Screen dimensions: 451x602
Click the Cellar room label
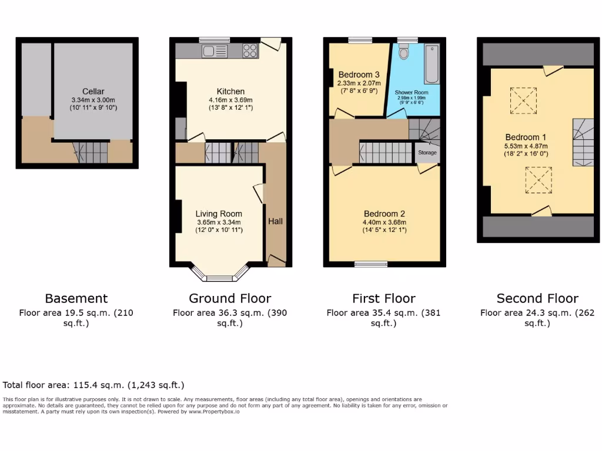(93, 92)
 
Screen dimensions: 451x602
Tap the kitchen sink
(210, 51)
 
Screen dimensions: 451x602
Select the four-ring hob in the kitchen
(250, 51)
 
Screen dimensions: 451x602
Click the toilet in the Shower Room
(403, 53)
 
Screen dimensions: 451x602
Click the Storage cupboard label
(427, 153)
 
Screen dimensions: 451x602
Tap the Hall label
(276, 221)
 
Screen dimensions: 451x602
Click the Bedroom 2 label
(384, 214)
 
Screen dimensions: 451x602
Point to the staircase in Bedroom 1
(583, 143)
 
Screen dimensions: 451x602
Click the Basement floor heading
(76, 298)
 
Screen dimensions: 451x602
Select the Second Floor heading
(537, 298)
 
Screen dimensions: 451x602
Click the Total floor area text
(93, 385)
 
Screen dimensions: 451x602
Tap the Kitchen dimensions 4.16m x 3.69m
(230, 100)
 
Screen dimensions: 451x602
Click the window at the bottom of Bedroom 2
(371, 264)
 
